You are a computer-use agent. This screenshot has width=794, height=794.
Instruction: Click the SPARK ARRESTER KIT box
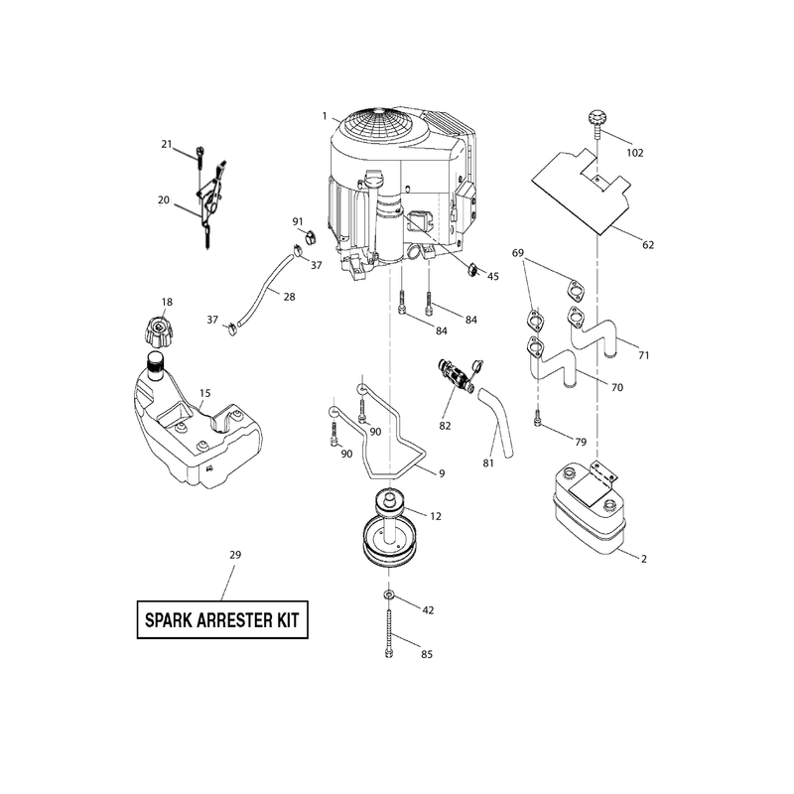222,619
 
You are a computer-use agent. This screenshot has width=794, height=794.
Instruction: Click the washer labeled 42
389,593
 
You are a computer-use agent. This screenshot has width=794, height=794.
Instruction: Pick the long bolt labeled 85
388,633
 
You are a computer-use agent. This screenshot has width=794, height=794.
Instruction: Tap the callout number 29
235,555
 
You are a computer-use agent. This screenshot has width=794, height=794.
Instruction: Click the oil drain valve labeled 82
459,377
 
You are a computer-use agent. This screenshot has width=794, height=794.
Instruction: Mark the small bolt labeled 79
537,418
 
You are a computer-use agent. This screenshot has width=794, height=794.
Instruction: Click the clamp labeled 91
310,236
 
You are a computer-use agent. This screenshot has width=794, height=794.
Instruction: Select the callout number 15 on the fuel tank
204,393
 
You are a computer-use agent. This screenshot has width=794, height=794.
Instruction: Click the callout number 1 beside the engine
325,116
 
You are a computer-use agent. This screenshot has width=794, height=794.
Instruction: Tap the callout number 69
517,253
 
